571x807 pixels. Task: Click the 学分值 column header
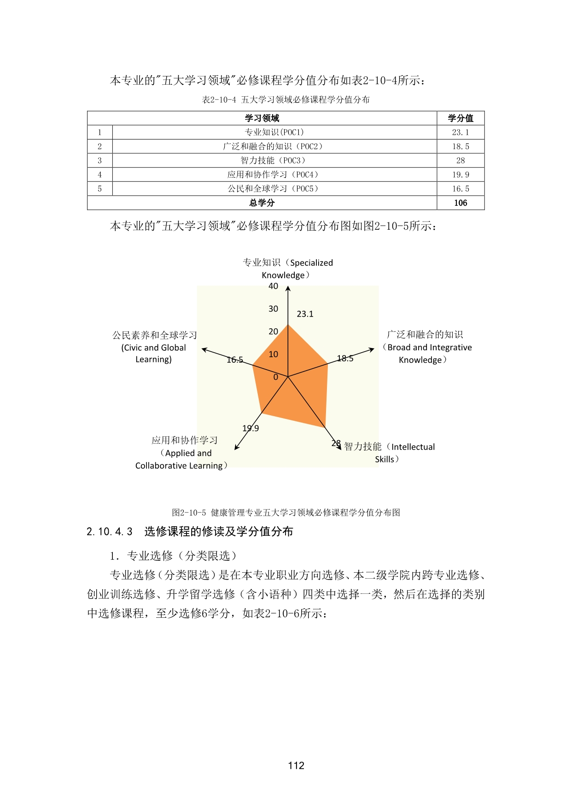[460, 118]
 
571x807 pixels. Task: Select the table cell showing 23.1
[460, 133]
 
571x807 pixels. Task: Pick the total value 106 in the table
[460, 203]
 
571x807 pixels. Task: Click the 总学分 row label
[262, 203]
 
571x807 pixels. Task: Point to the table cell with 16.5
[460, 189]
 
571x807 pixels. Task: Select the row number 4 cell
[99, 175]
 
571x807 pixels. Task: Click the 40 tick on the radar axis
[273, 286]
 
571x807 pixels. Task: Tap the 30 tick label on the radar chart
[273, 309]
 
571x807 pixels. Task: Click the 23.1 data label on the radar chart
[305, 314]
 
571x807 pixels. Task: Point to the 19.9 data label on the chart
[251, 429]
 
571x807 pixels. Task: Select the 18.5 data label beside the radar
[345, 359]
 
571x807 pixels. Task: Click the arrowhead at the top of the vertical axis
[288, 288]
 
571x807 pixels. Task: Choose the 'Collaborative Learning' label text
[179, 466]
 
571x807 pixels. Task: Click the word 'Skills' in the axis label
[385, 459]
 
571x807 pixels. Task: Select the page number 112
[296, 766]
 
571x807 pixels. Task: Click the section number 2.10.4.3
[110, 532]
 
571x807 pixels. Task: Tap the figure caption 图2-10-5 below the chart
[189, 513]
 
